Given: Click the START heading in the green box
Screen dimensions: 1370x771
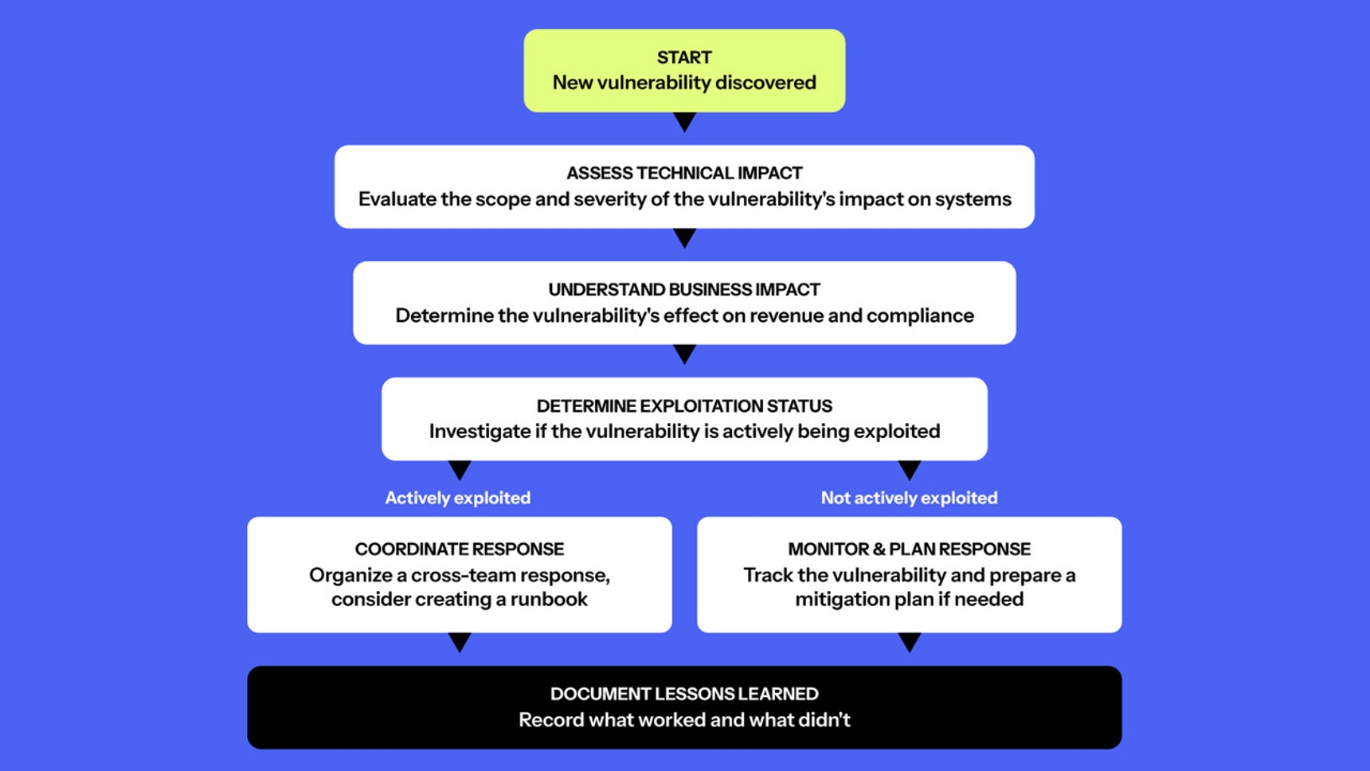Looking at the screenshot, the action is point(684,57).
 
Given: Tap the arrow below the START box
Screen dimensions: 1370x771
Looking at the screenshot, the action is point(684,122).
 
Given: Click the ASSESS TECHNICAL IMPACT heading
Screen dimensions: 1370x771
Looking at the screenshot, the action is point(684,173).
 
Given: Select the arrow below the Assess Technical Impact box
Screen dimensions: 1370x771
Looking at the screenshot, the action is point(684,238).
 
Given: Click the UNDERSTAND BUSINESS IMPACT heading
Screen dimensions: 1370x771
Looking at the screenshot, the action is point(684,289).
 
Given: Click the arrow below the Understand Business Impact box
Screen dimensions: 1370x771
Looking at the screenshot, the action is point(684,354).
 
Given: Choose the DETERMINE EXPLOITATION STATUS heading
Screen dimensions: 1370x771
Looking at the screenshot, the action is point(684,406).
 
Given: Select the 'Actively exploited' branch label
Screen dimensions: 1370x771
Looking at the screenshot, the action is point(458,498).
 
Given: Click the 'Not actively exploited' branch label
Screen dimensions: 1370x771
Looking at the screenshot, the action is point(909,498).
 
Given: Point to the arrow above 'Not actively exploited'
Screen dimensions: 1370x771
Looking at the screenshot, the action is point(910,470).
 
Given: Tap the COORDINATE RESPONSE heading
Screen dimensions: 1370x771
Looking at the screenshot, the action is point(460,549).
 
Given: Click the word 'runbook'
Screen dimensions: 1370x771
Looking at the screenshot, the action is point(550,599).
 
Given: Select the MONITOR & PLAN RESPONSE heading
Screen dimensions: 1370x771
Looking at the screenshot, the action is point(910,549).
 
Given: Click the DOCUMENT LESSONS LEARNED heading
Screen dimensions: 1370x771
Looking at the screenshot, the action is point(684,694).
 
